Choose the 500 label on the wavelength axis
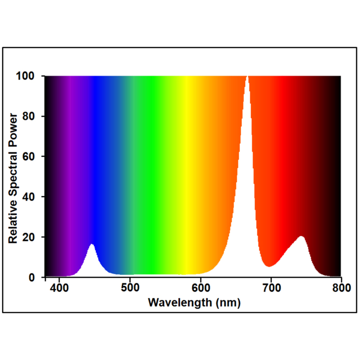tap(130, 288)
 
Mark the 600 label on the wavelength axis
tap(200, 288)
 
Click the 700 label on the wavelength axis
tap(271, 288)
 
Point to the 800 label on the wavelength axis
tap(341, 288)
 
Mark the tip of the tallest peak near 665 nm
tap(247, 77)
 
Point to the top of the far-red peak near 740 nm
tap(301, 236)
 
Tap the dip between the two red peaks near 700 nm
tap(269, 266)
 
